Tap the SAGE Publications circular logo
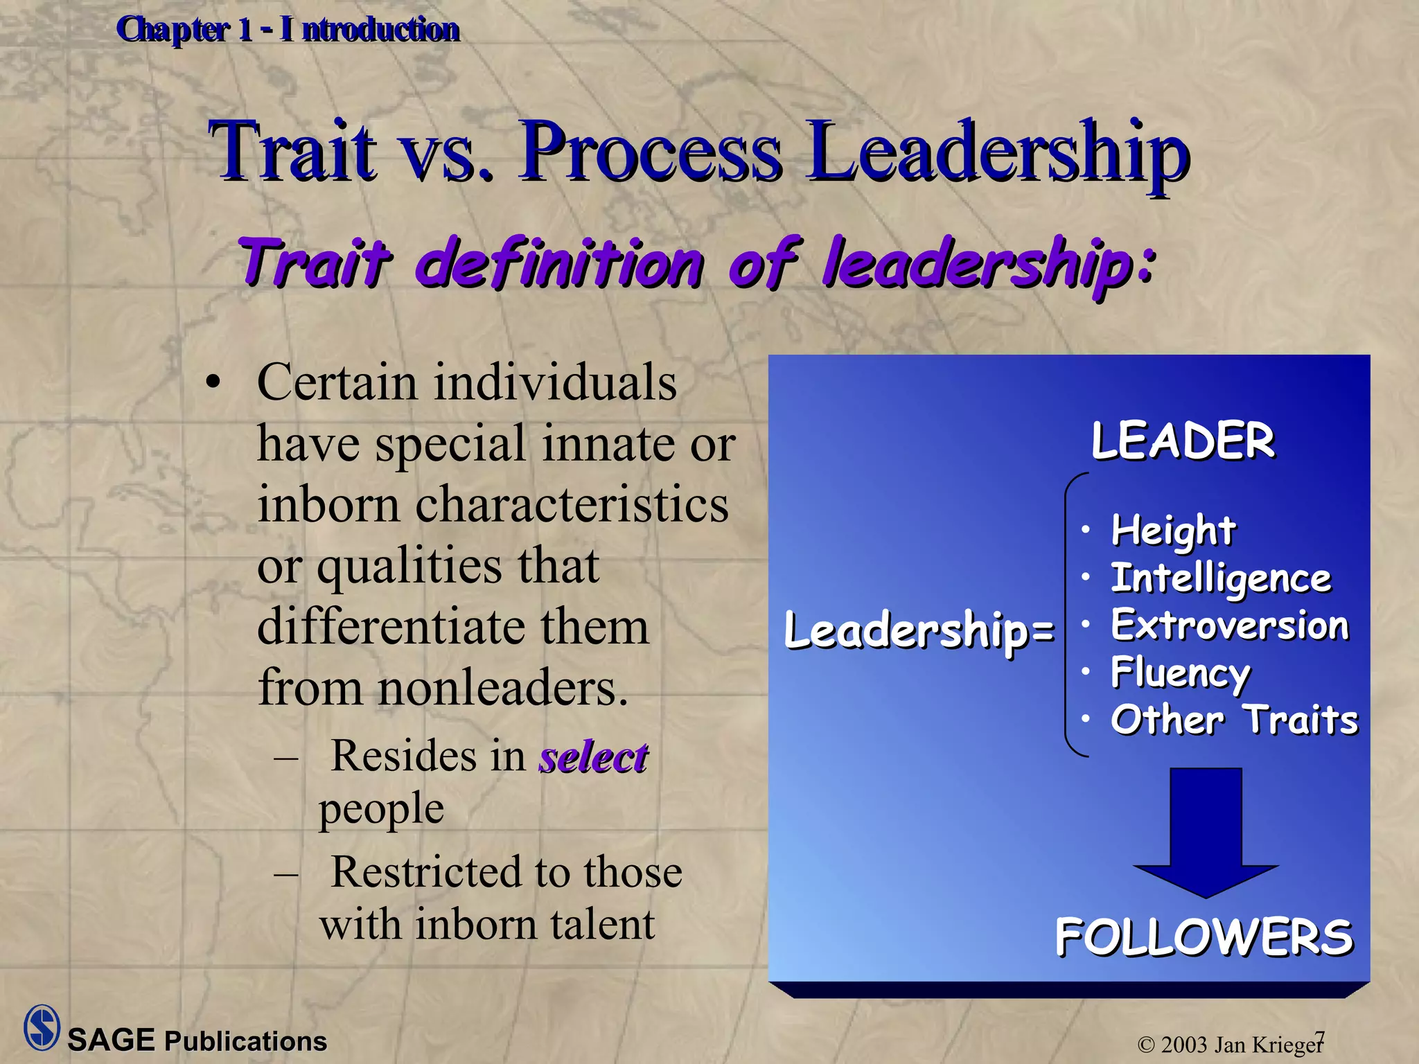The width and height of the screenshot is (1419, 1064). click(42, 1027)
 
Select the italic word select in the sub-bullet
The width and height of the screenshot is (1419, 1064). click(594, 756)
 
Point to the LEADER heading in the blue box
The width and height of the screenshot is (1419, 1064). click(1183, 441)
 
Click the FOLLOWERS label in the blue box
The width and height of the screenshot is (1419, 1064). click(1204, 937)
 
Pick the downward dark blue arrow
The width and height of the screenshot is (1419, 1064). click(1206, 831)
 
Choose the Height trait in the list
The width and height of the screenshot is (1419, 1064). click(1173, 531)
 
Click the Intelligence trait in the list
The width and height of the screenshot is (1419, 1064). click(1221, 578)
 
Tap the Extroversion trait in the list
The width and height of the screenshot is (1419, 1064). click(1230, 626)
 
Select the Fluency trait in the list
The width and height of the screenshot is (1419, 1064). click(1181, 673)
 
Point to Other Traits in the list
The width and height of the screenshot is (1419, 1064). click(1234, 720)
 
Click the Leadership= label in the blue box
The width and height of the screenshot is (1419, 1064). click(919, 631)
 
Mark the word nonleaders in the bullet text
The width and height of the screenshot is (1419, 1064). click(503, 688)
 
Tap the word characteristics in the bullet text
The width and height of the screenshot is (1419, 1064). click(572, 505)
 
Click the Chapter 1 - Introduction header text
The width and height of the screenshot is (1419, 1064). click(288, 30)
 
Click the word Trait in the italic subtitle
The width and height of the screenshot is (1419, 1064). click(315, 263)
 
